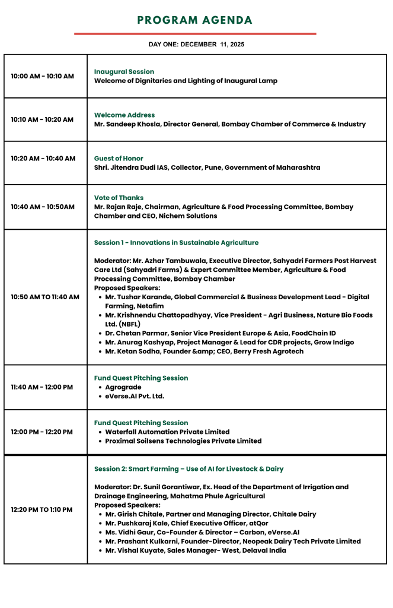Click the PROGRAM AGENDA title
pyautogui.click(x=195, y=21)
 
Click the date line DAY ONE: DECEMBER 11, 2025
pyautogui.click(x=196, y=45)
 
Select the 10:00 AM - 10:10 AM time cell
pyautogui.click(x=43, y=77)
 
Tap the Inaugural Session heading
pyautogui.click(x=124, y=72)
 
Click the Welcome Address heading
pyautogui.click(x=124, y=115)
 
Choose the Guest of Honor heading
pyautogui.click(x=119, y=159)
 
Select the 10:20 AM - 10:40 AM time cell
pyautogui.click(x=43, y=159)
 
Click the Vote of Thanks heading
pyautogui.click(x=119, y=198)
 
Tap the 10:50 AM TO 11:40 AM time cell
pyautogui.click(x=45, y=297)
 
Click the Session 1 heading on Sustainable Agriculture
pyautogui.click(x=176, y=243)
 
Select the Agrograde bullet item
pyautogui.click(x=123, y=387)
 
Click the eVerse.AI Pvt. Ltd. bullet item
pyautogui.click(x=135, y=396)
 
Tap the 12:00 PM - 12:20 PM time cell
pyautogui.click(x=42, y=432)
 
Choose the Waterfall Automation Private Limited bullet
pyautogui.click(x=167, y=432)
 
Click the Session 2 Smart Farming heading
pyautogui.click(x=188, y=469)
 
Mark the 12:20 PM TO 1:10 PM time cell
pyautogui.click(x=42, y=509)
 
